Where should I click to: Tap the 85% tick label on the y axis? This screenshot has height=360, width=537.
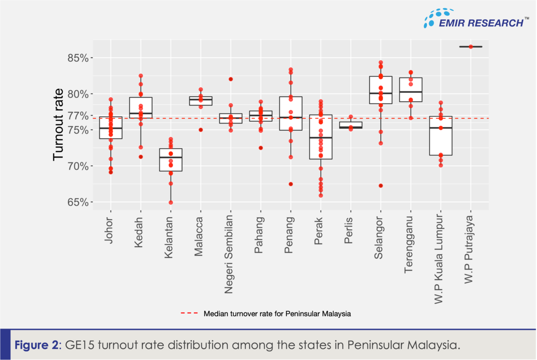79,58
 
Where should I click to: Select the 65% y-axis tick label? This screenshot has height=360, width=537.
79,202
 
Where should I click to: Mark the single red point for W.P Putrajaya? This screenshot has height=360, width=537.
471,47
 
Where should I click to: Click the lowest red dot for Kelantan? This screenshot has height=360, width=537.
170,202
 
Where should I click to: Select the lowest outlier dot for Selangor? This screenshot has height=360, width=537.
381,186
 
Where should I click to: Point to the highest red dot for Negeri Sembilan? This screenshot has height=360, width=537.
231,79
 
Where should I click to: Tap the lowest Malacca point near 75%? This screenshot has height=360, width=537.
201,130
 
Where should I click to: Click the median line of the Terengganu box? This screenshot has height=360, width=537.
411,92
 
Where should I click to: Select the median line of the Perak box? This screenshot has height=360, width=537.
320,138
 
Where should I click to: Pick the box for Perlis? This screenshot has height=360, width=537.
351,125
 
